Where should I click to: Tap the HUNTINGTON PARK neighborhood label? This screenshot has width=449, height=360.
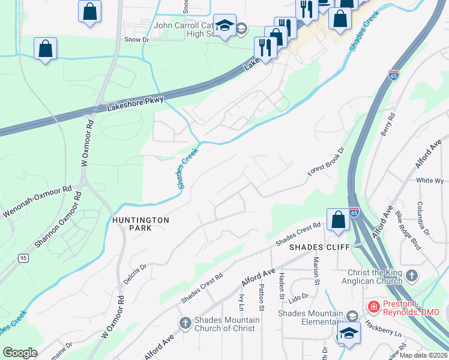click(x=140, y=224)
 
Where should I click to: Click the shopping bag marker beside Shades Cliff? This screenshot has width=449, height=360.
click(x=339, y=220)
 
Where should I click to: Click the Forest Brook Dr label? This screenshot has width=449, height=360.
click(x=327, y=162)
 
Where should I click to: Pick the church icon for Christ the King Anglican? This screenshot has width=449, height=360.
click(x=411, y=275)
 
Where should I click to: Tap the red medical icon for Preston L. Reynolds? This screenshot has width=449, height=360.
click(x=373, y=307)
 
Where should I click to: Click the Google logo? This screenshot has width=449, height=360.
click(x=20, y=353)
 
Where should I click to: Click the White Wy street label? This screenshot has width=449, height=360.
click(x=430, y=180)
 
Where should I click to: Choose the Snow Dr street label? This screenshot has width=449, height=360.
click(x=136, y=40)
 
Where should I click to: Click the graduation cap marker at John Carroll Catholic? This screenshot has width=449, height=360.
click(x=224, y=26)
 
